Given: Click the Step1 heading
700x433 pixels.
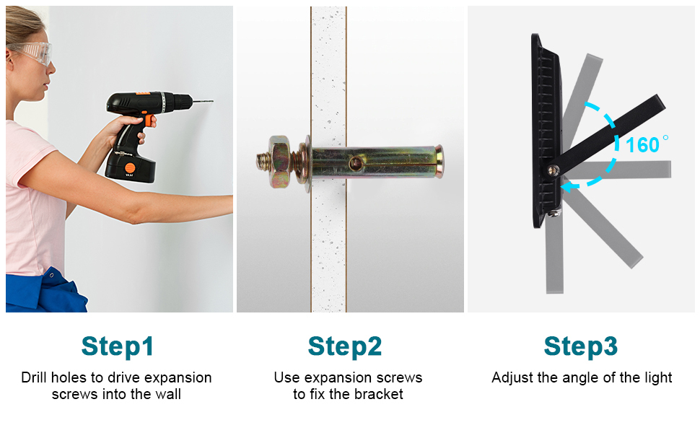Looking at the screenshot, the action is click(x=118, y=346).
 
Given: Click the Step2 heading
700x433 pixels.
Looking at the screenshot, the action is click(x=345, y=346).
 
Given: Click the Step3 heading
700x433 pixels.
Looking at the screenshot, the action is click(x=580, y=346).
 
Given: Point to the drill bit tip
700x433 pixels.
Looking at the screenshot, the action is click(x=212, y=101).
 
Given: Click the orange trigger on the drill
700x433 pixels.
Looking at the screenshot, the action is click(x=149, y=121).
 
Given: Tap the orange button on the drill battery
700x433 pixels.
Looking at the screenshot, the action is click(x=130, y=168).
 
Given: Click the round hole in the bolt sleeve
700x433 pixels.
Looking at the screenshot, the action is click(x=355, y=163).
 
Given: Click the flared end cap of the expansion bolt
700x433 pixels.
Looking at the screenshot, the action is click(x=439, y=162).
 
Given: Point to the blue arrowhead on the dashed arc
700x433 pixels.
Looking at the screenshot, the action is click(x=567, y=185).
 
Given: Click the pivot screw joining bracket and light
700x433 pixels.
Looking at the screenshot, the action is click(x=553, y=170).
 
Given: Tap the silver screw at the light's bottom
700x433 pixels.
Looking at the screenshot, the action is click(x=554, y=213).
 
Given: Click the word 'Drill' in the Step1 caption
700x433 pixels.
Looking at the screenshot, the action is click(x=34, y=377).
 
